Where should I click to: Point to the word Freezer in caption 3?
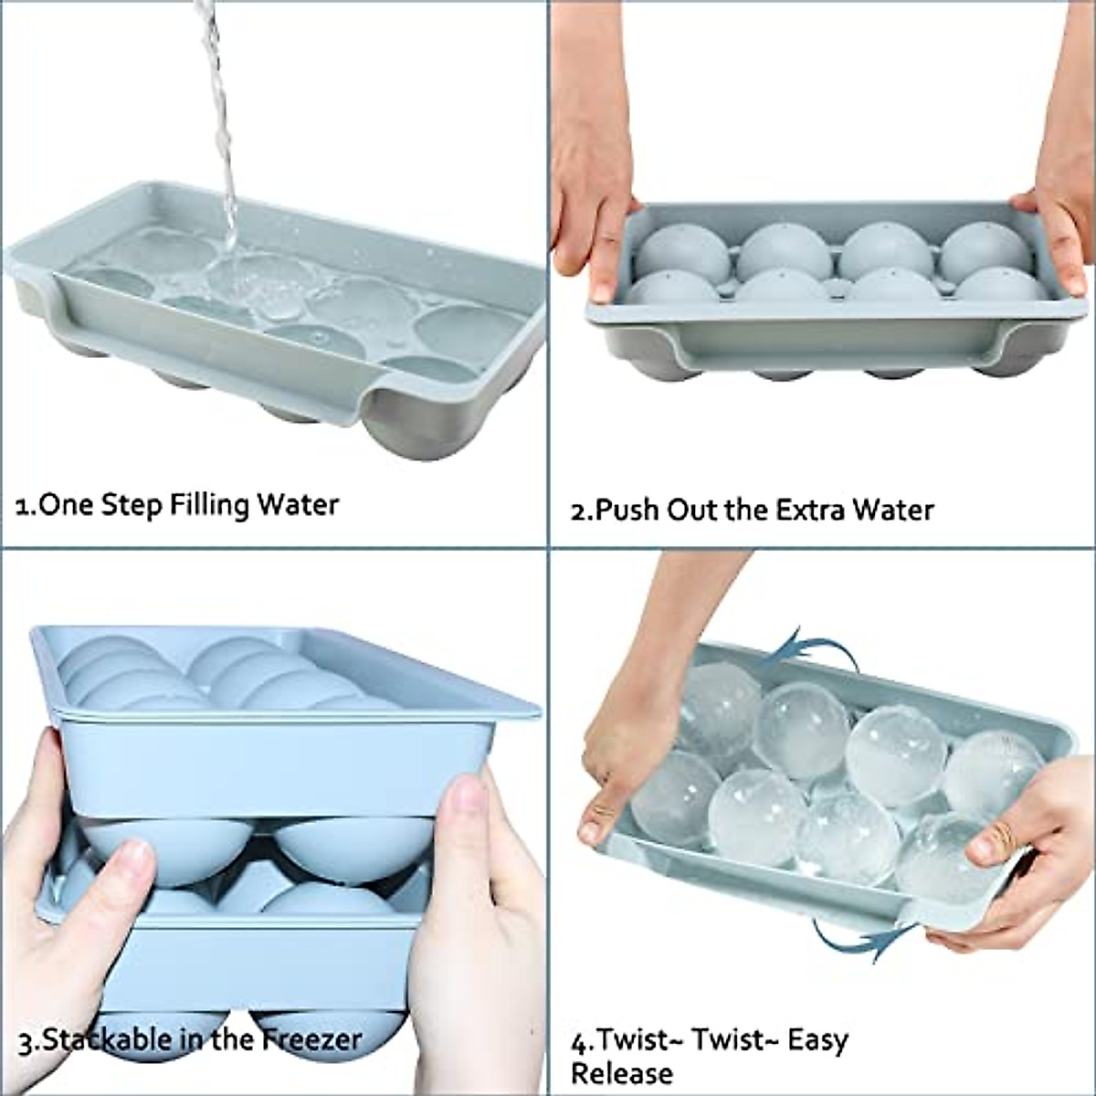pyautogui.click(x=312, y=1039)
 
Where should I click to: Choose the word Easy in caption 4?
pyautogui.click(x=818, y=1040)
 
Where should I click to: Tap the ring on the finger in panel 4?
pyautogui.click(x=1002, y=834)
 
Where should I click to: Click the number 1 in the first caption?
pyautogui.click(x=24, y=506)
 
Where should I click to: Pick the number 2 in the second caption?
pyautogui.click(x=578, y=510)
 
